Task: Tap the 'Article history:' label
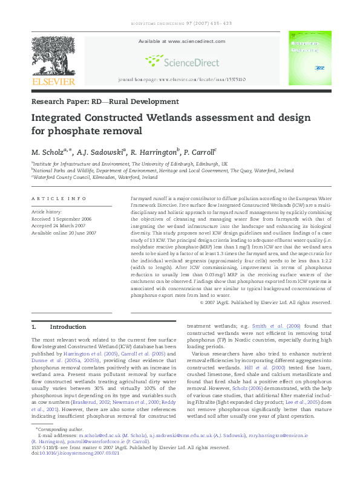pyautogui.click(x=47, y=212)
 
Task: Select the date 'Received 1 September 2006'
pyautogui.click(x=62, y=218)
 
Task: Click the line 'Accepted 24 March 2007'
pyautogui.click(x=57, y=225)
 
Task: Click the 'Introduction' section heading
pyautogui.click(x=68, y=326)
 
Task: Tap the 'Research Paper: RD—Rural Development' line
pyautogui.click(x=105, y=102)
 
